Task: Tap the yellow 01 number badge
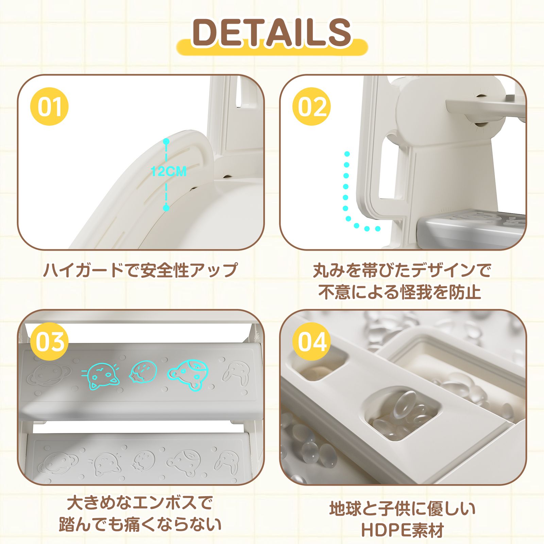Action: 50,106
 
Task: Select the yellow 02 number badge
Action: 312,106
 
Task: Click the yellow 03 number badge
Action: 50,341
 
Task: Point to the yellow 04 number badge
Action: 312,341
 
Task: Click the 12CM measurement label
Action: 169,171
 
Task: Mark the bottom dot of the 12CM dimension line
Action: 166,207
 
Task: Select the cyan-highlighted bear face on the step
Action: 188,375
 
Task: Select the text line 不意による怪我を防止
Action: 400,292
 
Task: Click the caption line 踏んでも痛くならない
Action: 140,524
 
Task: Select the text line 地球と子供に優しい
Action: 403,509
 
